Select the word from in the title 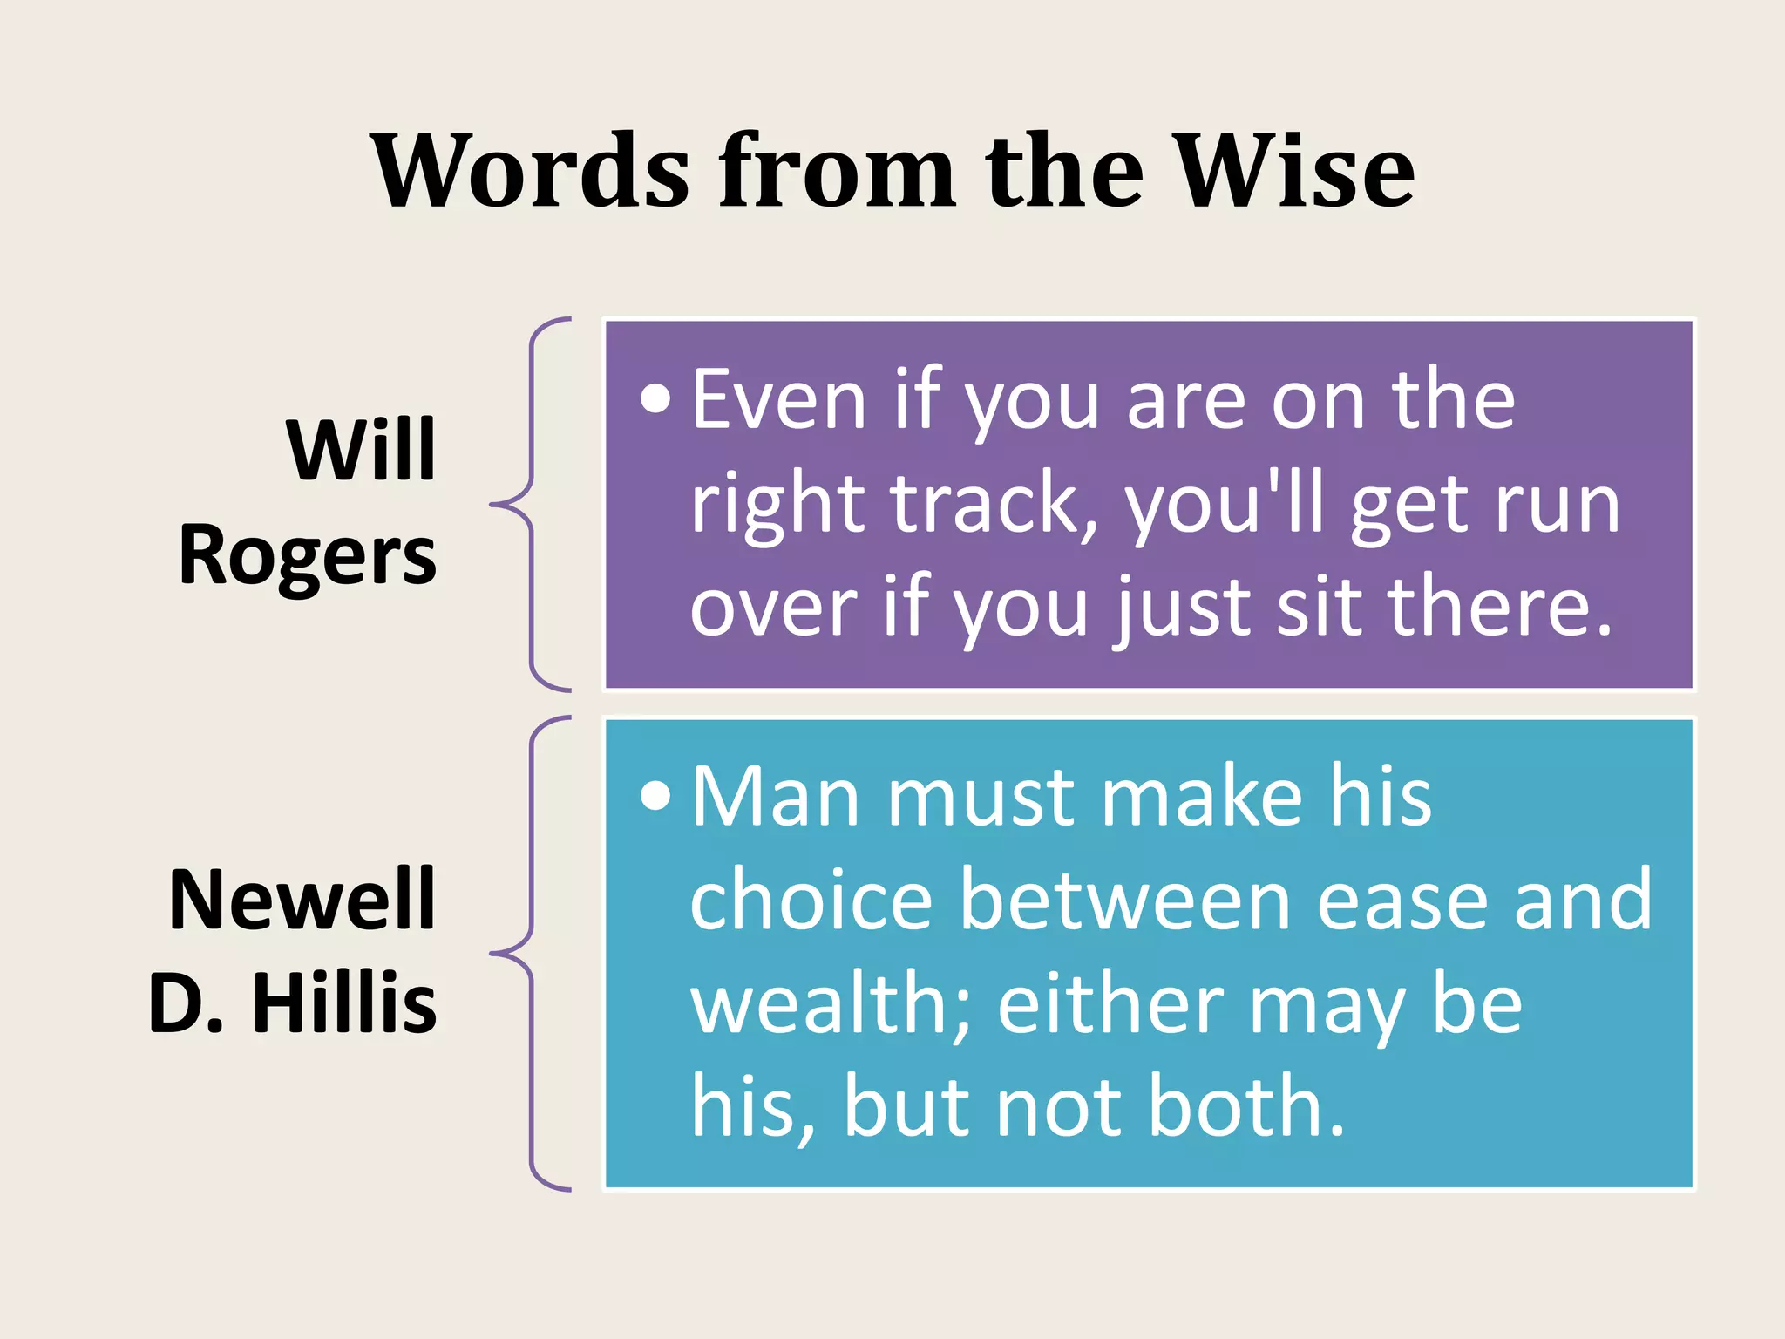(837, 171)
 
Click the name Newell (302, 900)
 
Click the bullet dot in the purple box (655, 399)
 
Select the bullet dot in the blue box (655, 796)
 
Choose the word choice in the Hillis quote (811, 901)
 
